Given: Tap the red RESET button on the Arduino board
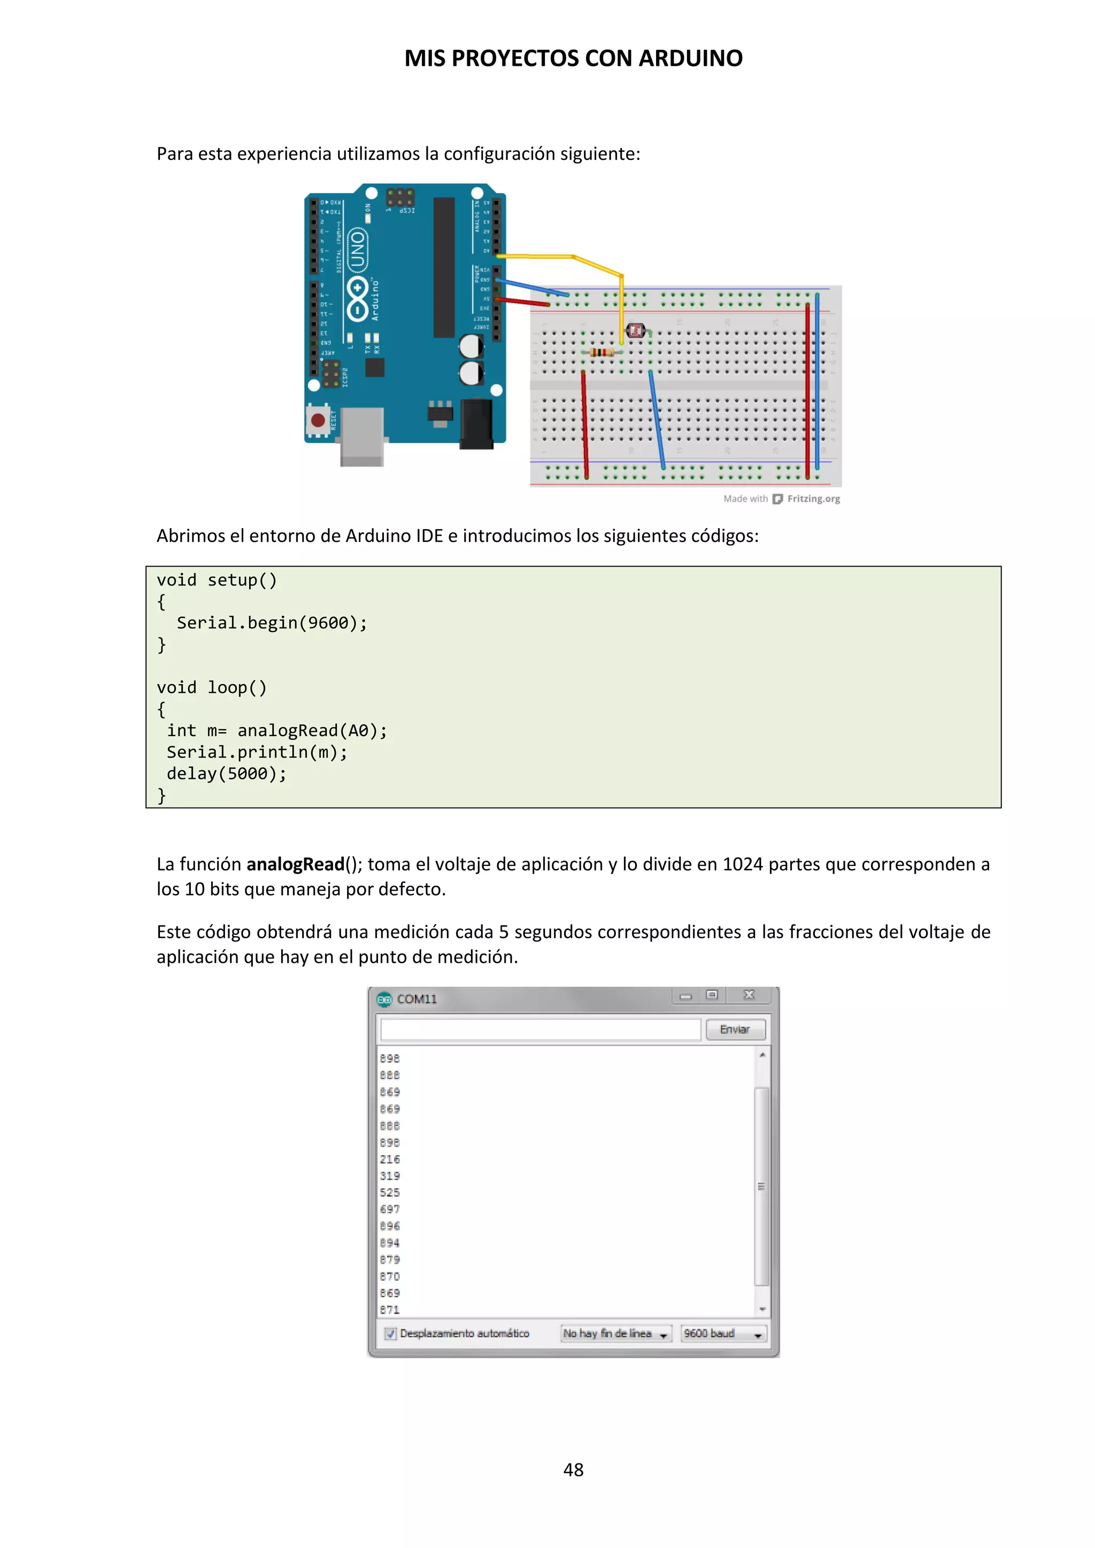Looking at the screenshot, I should (318, 421).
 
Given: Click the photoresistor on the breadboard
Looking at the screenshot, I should (635, 331).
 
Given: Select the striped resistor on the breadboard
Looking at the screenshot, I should (601, 352).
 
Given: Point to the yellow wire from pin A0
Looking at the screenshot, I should (573, 258).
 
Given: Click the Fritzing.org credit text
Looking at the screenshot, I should (813, 499).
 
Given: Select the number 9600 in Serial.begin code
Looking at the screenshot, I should (328, 623).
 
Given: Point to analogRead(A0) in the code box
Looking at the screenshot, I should (312, 731).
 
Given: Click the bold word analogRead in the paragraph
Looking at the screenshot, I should (295, 864).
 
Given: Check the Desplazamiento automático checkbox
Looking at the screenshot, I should (390, 1334).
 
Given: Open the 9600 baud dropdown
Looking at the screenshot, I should (723, 1334).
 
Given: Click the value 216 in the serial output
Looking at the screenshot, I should (390, 1159).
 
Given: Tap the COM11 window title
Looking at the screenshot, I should (416, 999).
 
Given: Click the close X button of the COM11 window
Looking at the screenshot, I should (749, 995).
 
